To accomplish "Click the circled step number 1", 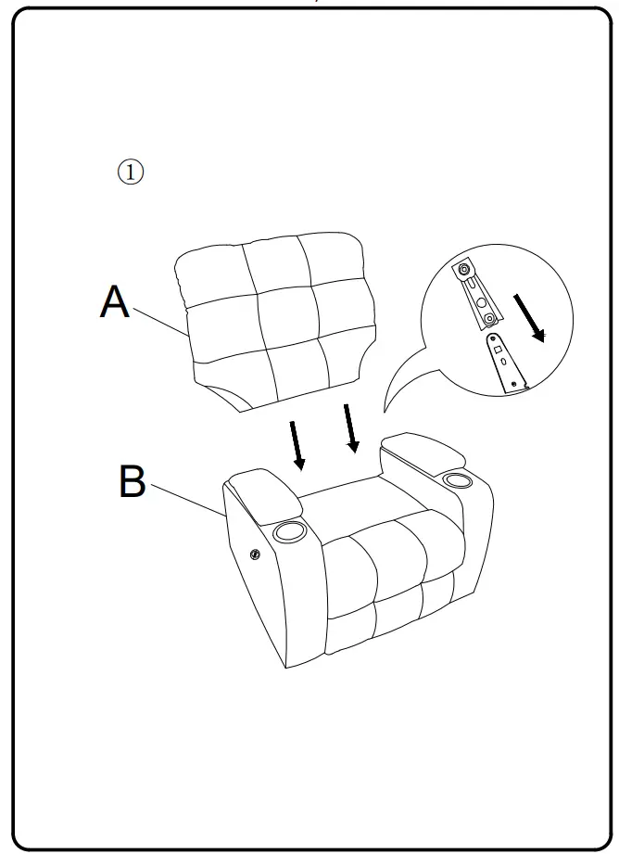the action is pos(131,172).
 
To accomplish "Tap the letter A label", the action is pos(115,302).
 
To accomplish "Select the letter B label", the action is pos(133,482).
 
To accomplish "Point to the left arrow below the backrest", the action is pos(297,445).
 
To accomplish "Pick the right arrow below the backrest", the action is pos(350,428).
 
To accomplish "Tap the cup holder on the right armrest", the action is pos(456,479).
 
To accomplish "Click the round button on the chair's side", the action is pos(256,555).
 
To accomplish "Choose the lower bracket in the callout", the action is pos(505,363).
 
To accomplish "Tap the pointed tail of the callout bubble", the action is pos(388,408).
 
